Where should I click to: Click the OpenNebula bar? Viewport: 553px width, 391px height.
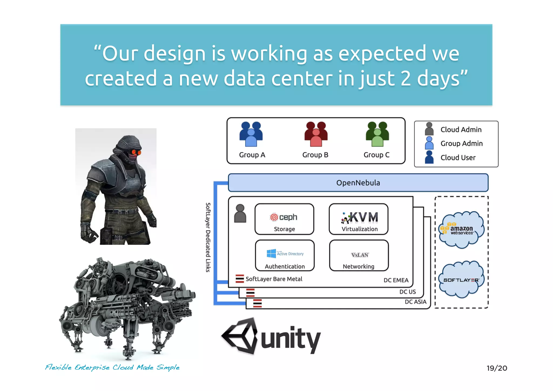click(358, 183)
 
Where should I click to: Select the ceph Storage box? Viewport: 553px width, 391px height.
click(284, 219)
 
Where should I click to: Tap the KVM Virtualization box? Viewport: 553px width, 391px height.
click(359, 219)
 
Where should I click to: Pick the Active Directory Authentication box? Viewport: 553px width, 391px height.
click(285, 255)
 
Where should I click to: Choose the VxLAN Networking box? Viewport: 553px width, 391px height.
click(359, 255)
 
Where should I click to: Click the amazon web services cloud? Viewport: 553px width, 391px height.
click(461, 230)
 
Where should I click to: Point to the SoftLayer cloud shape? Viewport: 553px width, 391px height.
click(461, 280)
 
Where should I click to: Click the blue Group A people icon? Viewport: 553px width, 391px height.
click(251, 134)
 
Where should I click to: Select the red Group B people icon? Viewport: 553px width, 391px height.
click(316, 134)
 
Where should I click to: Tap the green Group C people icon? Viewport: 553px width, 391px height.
click(377, 134)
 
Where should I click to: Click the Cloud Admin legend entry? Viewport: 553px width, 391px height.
click(461, 129)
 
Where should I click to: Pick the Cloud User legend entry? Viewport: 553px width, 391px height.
click(458, 158)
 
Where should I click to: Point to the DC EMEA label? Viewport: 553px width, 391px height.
click(396, 280)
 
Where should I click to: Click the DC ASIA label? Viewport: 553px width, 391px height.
click(415, 302)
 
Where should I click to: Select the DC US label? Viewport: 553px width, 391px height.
click(407, 292)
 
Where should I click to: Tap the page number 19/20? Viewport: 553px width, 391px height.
click(497, 368)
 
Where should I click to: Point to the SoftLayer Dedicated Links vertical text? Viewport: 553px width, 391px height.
click(208, 237)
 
